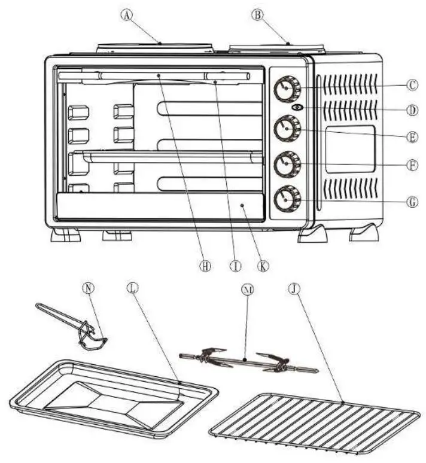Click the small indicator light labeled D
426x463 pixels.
(298, 108)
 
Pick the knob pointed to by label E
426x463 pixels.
(287, 127)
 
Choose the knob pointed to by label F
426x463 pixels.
(287, 163)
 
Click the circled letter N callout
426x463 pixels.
(87, 288)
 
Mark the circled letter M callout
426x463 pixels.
(247, 290)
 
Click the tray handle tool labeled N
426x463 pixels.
(75, 324)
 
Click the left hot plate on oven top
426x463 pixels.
(154, 47)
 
